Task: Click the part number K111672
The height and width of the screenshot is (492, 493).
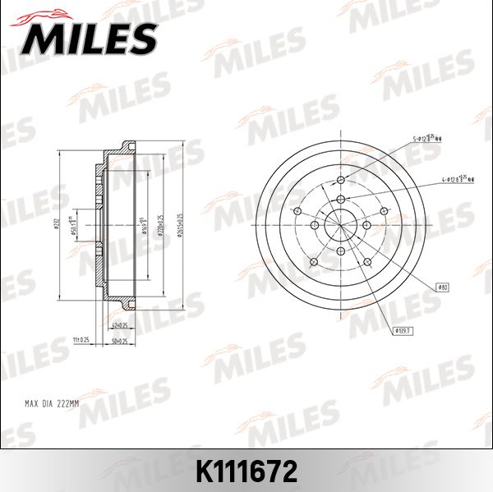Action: (x=246, y=471)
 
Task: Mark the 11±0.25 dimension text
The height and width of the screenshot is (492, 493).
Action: (x=80, y=338)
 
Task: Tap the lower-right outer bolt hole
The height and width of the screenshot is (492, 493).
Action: (x=366, y=262)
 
